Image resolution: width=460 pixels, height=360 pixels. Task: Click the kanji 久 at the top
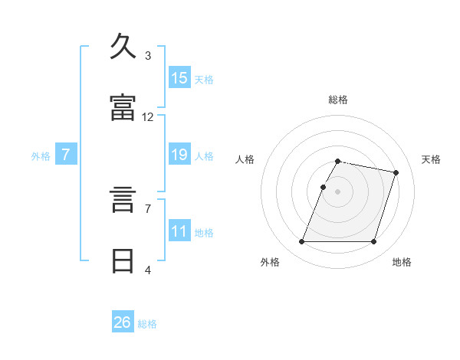[123, 46]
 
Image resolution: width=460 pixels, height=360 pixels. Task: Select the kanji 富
[123, 108]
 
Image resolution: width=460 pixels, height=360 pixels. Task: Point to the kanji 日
[123, 261]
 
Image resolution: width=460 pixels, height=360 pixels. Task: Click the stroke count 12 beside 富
[148, 117]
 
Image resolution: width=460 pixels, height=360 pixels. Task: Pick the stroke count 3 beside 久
[148, 55]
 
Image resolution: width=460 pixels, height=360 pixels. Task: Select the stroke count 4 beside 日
[148, 270]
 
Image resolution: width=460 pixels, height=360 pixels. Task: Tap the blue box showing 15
[179, 77]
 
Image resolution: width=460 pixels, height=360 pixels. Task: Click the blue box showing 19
[179, 155]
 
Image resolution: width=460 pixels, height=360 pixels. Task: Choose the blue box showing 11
[179, 231]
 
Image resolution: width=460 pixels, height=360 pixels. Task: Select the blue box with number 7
[66, 155]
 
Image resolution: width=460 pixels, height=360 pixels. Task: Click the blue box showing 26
[123, 322]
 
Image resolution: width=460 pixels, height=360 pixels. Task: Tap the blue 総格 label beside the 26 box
[147, 324]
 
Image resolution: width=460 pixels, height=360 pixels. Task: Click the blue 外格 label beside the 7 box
[41, 156]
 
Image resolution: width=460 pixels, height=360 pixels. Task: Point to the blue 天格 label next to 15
[203, 79]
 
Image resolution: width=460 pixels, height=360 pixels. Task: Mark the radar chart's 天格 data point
[396, 173]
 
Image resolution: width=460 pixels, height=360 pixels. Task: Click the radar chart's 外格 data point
[302, 242]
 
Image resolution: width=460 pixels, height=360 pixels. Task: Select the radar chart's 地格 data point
[373, 242]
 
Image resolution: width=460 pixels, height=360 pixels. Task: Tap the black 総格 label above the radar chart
[338, 100]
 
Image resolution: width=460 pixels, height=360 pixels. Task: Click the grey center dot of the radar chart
[338, 191]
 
